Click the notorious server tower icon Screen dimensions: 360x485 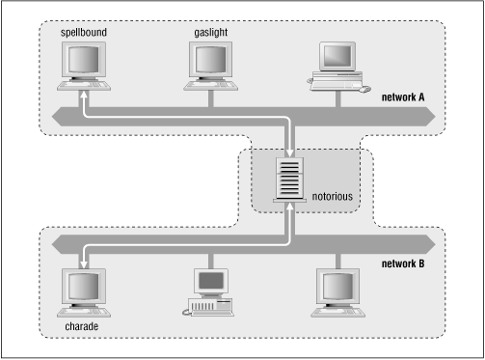(x=288, y=179)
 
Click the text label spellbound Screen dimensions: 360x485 (x=84, y=32)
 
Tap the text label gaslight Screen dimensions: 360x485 (x=211, y=32)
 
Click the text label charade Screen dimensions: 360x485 (x=82, y=325)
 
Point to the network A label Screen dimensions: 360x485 (x=403, y=97)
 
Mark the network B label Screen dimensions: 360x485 (x=403, y=261)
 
